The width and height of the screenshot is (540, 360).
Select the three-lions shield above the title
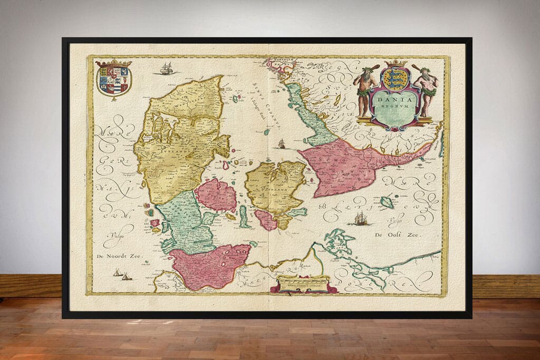pyautogui.click(x=395, y=79)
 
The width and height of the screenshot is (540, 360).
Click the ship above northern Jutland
pyautogui.click(x=167, y=69)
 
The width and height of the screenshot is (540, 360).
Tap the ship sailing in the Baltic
pyautogui.click(x=361, y=219)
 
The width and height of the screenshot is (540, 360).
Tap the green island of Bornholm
pyautogui.click(x=387, y=202)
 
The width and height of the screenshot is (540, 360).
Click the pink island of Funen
pyautogui.click(x=216, y=194)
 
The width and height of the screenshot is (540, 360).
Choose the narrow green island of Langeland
pyautogui.click(x=244, y=216)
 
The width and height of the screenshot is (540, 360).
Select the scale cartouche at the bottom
pyautogui.click(x=303, y=285)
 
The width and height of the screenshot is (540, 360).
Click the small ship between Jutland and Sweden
pyautogui.click(x=282, y=143)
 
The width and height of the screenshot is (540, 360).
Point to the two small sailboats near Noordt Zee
pyautogui.click(x=122, y=274)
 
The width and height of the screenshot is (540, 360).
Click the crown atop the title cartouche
pyautogui.click(x=395, y=64)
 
